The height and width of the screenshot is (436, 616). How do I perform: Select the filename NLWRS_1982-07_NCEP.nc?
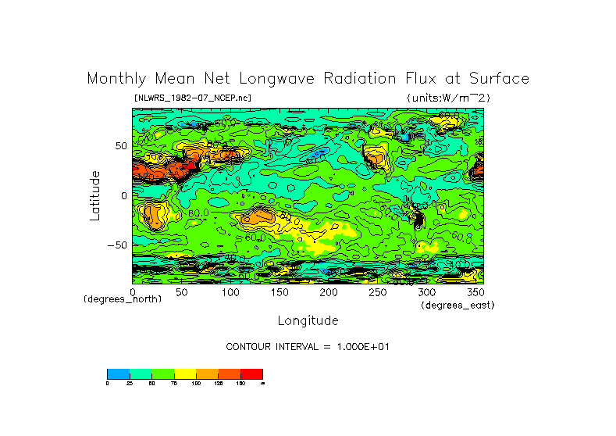193,98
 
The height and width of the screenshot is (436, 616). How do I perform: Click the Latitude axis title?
94,195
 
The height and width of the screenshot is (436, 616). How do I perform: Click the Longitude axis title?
308,320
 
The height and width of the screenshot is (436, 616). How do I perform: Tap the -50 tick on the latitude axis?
116,245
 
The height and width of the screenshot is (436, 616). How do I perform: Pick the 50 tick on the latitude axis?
120,146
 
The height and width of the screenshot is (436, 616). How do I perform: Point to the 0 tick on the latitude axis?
123,195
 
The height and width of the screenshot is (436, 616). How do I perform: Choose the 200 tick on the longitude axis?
329,292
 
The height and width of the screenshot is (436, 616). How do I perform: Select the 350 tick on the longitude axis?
475,292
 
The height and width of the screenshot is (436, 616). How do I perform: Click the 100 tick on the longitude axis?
230,292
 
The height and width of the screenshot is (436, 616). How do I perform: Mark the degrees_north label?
123,299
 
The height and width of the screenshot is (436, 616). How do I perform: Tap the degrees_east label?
458,305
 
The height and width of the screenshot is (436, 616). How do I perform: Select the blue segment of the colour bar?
118,373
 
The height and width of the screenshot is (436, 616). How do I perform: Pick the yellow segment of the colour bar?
184,373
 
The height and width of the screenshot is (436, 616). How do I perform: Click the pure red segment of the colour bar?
251,373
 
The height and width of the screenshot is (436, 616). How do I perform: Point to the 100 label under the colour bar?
196,384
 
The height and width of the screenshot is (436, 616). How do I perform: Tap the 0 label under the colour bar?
108,384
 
